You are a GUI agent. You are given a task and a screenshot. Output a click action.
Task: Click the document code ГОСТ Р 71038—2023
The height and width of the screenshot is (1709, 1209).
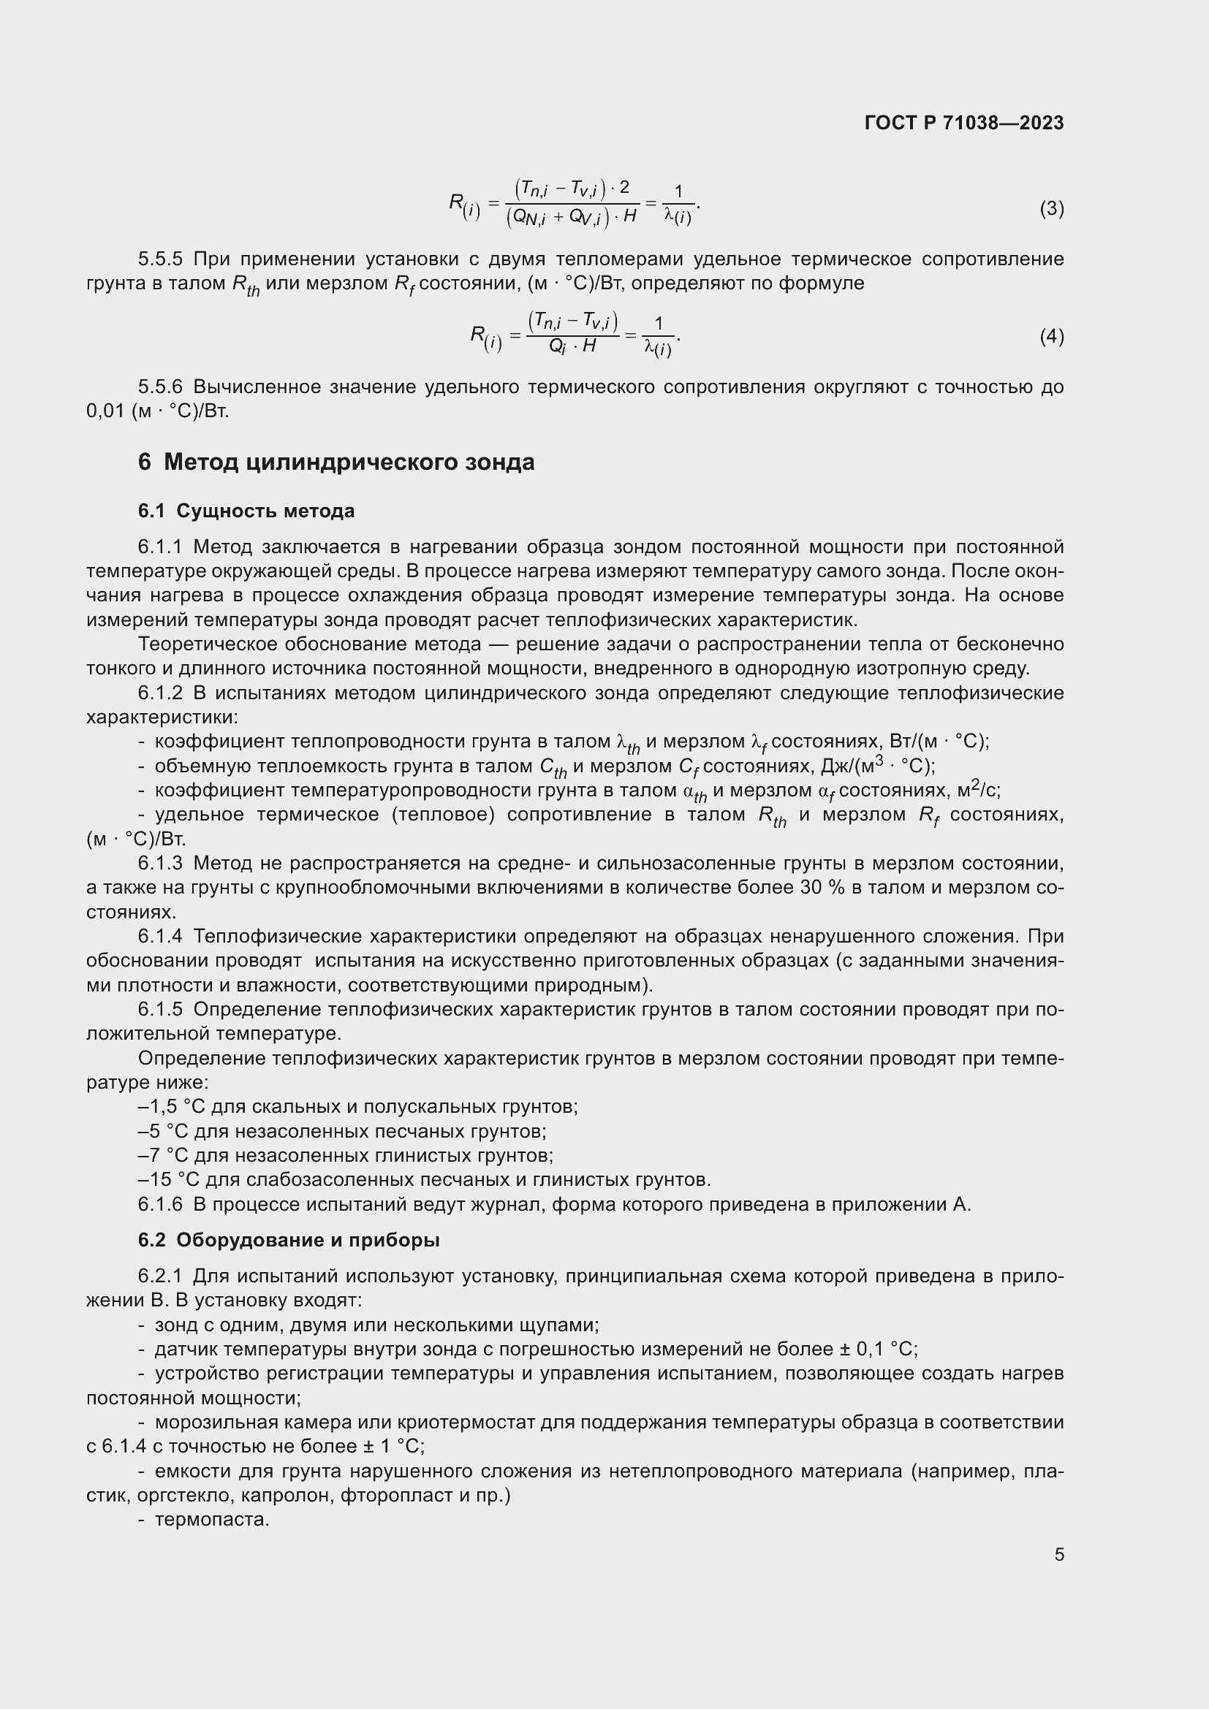tap(964, 123)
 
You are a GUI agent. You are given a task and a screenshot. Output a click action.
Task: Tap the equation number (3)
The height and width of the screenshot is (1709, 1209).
tap(1051, 209)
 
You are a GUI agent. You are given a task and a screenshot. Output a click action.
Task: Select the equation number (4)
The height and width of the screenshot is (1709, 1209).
tap(1051, 337)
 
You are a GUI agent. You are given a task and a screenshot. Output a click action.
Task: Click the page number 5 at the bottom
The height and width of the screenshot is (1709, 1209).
tap(1058, 1554)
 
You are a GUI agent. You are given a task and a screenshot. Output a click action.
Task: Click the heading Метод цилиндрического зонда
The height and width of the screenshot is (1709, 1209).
tap(349, 463)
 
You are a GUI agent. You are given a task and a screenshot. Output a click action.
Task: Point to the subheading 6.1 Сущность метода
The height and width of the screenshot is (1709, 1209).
tap(246, 511)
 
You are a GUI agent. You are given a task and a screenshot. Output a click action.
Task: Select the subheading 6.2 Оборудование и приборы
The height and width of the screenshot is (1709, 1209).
tap(288, 1240)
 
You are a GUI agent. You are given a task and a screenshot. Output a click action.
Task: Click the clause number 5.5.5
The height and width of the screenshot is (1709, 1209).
tap(160, 259)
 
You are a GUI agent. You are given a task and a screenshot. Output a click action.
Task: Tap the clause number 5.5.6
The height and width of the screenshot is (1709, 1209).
tap(160, 387)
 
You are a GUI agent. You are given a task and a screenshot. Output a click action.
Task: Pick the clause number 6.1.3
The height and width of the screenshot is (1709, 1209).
tap(160, 864)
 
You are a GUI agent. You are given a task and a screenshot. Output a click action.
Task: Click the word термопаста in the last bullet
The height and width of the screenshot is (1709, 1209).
tap(211, 1519)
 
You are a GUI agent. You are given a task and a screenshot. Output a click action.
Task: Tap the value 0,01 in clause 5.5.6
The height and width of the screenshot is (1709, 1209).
tap(105, 411)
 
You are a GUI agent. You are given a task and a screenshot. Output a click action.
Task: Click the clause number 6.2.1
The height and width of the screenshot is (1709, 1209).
tap(160, 1276)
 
